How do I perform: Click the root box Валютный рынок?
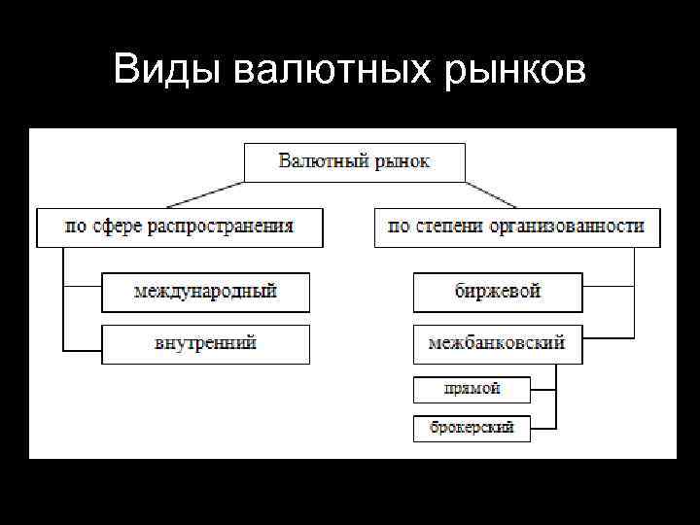click(354, 161)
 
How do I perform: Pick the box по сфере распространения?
click(179, 227)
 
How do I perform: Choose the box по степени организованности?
click(515, 227)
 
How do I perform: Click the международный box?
click(205, 292)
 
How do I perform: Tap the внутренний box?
click(205, 344)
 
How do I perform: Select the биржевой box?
click(497, 292)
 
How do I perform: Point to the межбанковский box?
click(497, 344)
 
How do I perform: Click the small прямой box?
click(472, 390)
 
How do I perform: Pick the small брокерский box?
click(472, 428)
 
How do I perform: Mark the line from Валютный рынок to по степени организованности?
click(493, 194)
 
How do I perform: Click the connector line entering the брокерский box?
click(542, 428)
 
